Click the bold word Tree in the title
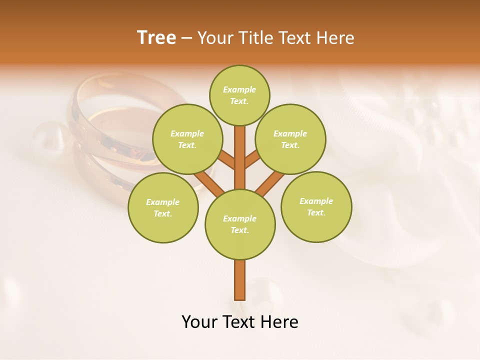pyautogui.click(x=156, y=37)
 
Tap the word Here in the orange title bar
pyautogui.click(x=335, y=38)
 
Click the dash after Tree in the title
pyautogui.click(x=187, y=38)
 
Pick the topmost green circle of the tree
pyautogui.click(x=239, y=95)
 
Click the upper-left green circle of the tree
pyautogui.click(x=187, y=139)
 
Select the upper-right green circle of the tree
pyautogui.click(x=290, y=139)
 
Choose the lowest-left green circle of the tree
pyautogui.click(x=163, y=207)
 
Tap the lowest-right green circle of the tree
pyautogui.click(x=316, y=206)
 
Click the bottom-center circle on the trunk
pyautogui.click(x=240, y=224)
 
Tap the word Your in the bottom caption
pyautogui.click(x=199, y=322)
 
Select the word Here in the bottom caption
pyautogui.click(x=281, y=322)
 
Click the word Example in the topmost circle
pyautogui.click(x=239, y=89)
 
